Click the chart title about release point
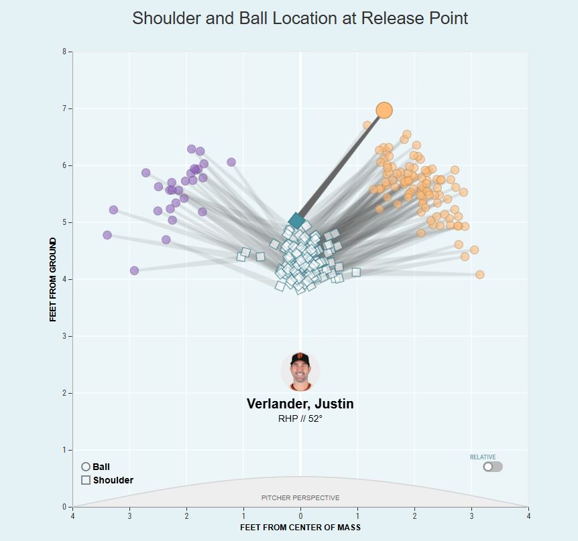pos(300,18)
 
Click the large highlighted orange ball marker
pos(384,110)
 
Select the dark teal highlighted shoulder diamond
pos(296,221)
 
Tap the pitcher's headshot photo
pos(300,371)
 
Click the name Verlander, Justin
pos(300,404)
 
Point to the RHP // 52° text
pos(300,419)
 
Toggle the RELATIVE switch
pos(492,467)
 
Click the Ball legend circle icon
pos(86,467)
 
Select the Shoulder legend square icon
pos(86,480)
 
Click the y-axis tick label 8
pos(64,52)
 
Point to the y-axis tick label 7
pos(64,108)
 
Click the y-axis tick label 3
pos(64,336)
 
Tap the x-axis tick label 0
pos(300,516)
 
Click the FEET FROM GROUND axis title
pos(53,279)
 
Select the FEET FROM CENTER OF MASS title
pos(300,528)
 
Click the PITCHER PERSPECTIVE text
pos(300,497)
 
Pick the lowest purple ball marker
pos(134,270)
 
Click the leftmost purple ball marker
pos(107,235)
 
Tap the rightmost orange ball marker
pos(479,275)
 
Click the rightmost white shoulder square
pos(356,272)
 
